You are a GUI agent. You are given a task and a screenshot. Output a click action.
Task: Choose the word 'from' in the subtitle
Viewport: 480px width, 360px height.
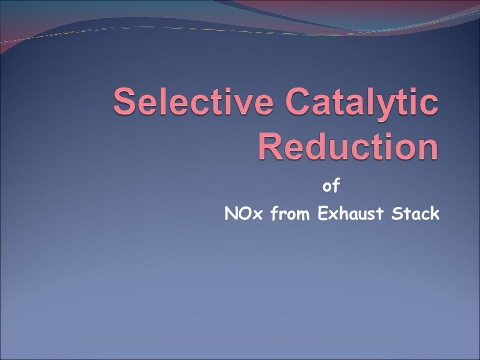(x=291, y=214)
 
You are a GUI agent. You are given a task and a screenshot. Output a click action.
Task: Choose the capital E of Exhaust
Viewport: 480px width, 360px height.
(x=323, y=214)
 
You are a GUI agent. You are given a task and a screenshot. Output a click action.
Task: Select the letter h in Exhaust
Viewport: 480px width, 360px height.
(x=349, y=214)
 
